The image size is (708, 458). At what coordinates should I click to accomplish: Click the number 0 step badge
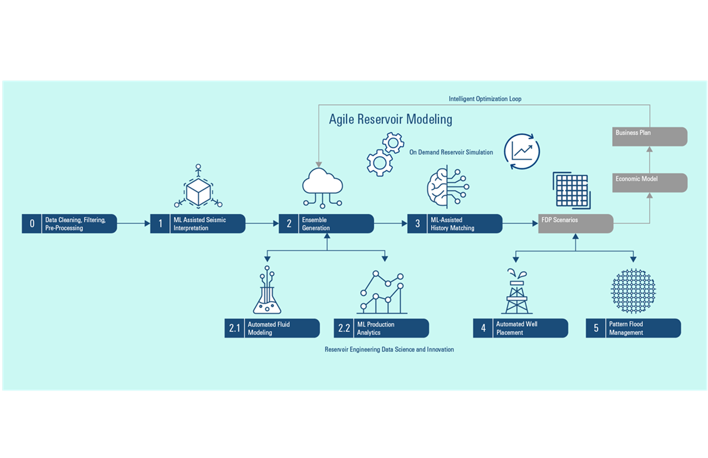click(x=32, y=224)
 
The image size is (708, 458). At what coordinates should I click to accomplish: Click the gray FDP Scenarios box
click(x=575, y=224)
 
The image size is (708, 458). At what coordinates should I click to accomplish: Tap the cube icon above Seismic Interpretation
click(x=199, y=189)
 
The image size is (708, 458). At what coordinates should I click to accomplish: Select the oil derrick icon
click(x=517, y=292)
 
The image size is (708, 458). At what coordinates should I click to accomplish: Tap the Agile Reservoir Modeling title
click(x=390, y=119)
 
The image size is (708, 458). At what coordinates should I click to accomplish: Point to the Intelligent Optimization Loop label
click(x=484, y=99)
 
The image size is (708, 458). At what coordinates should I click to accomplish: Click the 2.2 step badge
click(x=344, y=328)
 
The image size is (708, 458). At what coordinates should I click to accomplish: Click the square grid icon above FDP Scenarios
click(x=571, y=190)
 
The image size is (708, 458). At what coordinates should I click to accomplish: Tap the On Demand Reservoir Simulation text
click(x=450, y=152)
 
